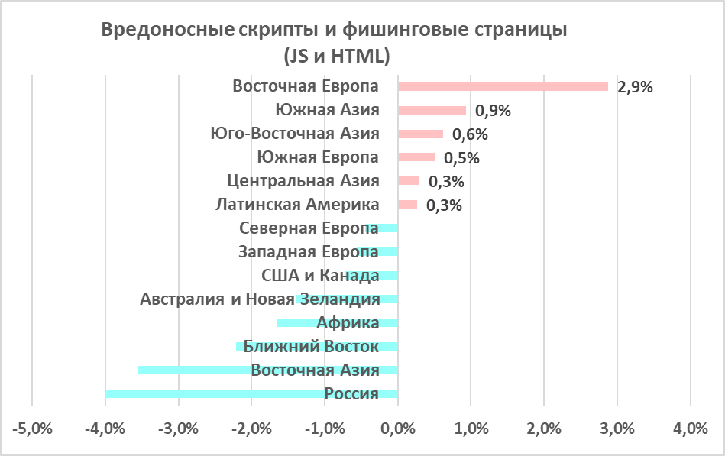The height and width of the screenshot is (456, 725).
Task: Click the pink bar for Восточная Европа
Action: tap(503, 86)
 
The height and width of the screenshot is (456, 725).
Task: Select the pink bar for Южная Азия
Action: tap(432, 110)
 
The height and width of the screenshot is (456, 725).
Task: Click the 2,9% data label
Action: tap(635, 87)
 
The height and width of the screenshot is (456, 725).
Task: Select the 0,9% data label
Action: tap(493, 111)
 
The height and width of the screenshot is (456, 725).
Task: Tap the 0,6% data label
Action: tap(470, 134)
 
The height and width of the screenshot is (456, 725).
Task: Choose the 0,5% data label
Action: tap(461, 158)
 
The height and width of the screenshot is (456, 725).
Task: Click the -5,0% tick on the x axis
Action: tap(32, 429)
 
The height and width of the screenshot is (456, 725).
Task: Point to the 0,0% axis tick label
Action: tap(397, 429)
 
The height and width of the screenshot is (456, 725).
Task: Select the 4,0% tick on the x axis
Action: tap(690, 429)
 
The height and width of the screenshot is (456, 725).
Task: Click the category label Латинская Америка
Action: tap(297, 205)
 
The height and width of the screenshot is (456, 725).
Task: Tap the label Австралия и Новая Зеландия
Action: tap(260, 299)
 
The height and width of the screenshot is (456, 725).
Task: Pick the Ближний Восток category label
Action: tap(311, 347)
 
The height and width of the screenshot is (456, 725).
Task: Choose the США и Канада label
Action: tap(320, 275)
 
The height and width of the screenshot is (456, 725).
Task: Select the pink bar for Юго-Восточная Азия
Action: tap(420, 134)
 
